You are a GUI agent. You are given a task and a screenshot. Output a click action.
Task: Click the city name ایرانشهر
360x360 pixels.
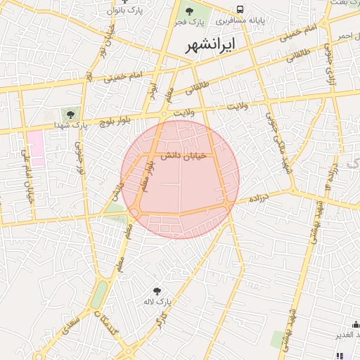[212, 46]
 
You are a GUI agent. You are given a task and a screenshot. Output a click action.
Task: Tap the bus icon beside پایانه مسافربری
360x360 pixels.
[240, 10]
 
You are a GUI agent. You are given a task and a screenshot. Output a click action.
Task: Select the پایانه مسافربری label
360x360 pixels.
[259, 20]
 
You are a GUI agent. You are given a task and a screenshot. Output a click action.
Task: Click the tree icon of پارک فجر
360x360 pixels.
[189, 11]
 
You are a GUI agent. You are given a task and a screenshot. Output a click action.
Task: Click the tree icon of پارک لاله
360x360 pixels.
[157, 290]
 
